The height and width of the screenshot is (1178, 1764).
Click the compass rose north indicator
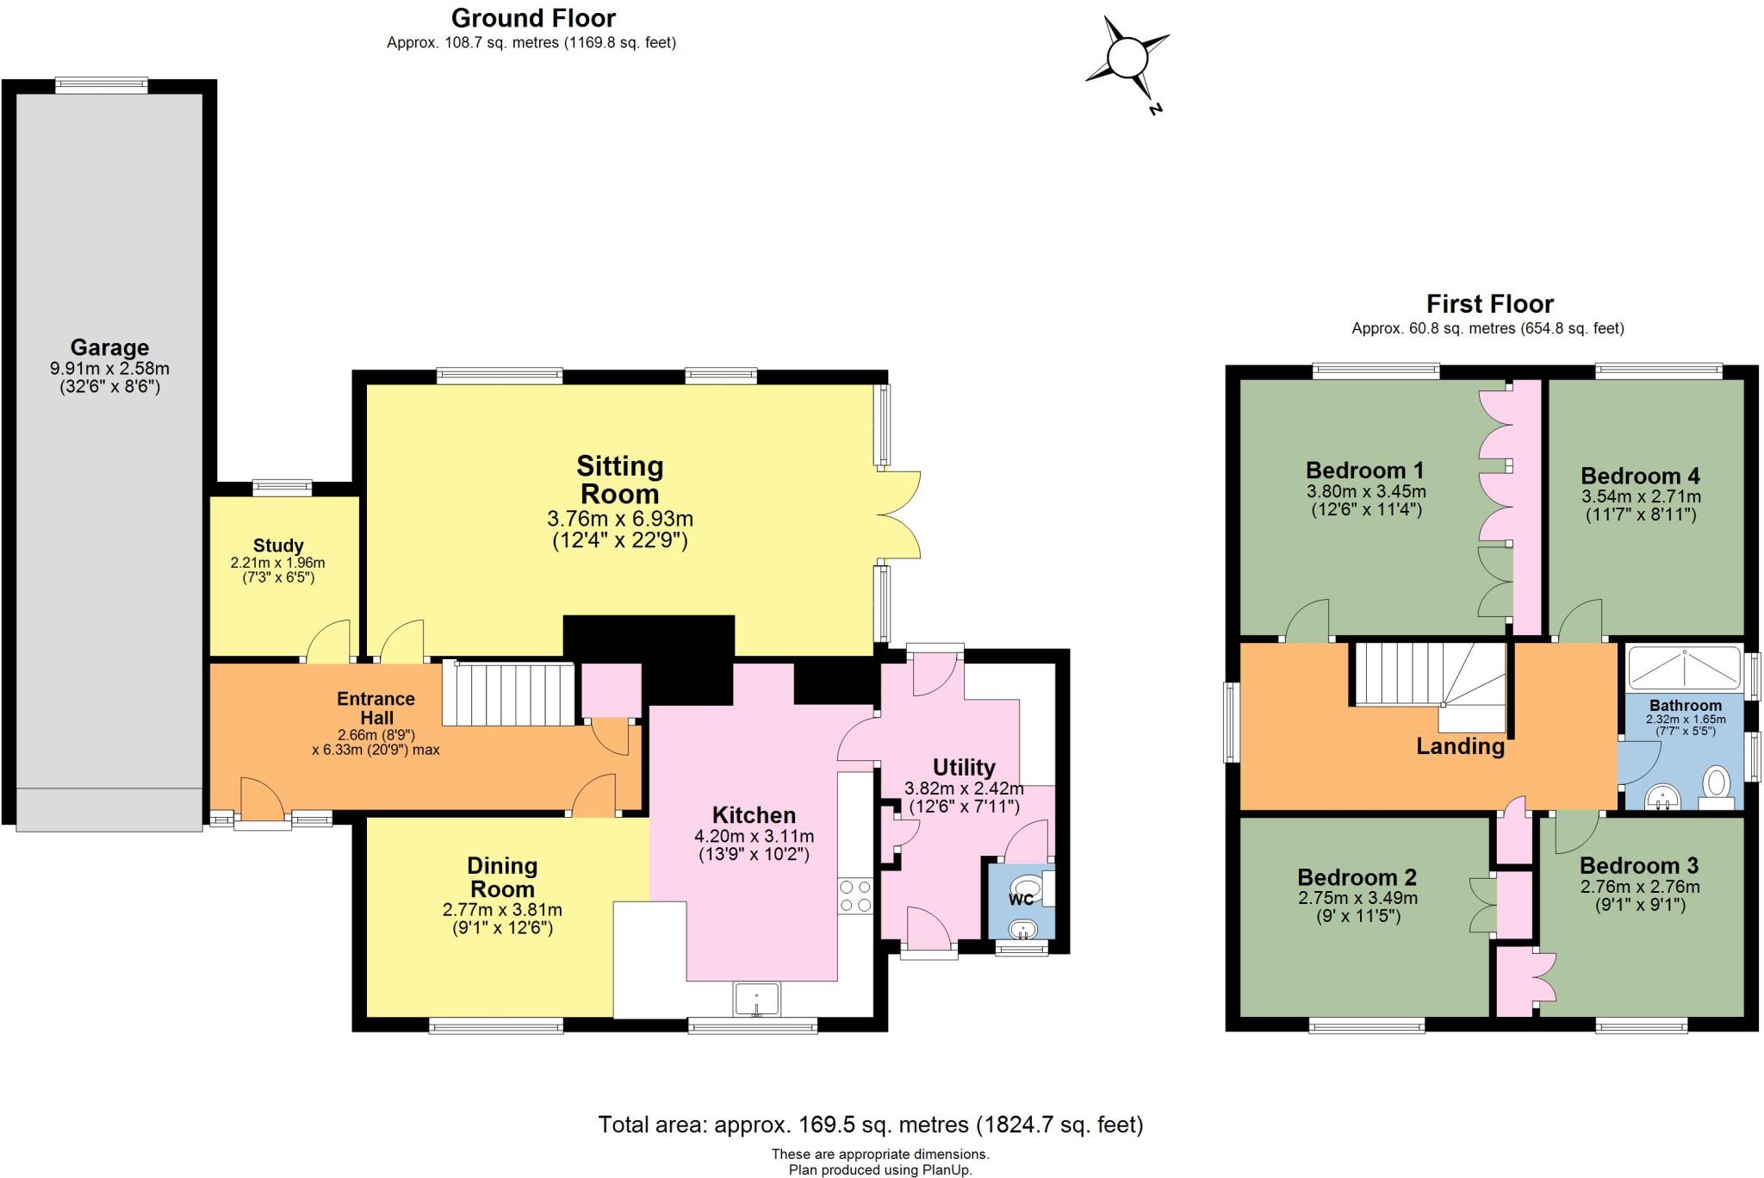click(1127, 60)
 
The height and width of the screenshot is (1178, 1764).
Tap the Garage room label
click(109, 347)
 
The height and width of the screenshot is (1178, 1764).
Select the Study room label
click(278, 545)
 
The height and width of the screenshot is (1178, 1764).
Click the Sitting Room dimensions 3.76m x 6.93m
click(620, 519)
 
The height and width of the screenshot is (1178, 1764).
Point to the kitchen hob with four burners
click(854, 895)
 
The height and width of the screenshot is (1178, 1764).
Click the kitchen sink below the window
click(756, 1000)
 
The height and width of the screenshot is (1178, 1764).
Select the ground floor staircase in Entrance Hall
click(508, 693)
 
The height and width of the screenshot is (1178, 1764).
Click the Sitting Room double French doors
click(899, 515)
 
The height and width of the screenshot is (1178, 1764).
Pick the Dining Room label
click(502, 877)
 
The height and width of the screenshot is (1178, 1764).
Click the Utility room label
click(964, 767)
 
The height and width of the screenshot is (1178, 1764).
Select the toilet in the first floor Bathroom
click(1717, 786)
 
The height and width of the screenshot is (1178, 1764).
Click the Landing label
click(1460, 746)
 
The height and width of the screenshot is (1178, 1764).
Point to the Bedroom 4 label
click(1640, 476)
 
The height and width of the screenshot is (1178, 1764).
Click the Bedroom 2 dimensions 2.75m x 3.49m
click(1357, 898)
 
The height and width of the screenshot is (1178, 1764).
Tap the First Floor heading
click(1489, 303)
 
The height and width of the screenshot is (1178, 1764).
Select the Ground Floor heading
click(533, 17)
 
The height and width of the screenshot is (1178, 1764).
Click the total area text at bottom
click(870, 1125)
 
